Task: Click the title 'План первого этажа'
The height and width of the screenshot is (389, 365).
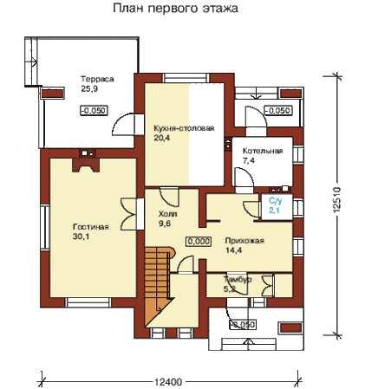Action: coord(175,9)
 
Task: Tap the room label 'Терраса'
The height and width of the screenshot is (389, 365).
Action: coord(97,79)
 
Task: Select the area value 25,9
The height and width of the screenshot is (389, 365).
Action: coord(89,89)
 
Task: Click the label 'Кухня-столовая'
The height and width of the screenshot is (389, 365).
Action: coord(184,128)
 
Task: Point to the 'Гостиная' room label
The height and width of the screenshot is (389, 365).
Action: coord(91,227)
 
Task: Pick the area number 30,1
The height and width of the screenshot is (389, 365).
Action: coord(81,237)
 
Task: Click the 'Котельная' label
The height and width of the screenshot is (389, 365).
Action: coord(263,151)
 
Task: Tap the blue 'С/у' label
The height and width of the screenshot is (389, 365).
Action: coord(274,201)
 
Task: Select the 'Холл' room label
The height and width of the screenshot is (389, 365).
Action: coord(167,214)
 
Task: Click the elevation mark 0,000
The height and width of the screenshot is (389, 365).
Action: coord(199,241)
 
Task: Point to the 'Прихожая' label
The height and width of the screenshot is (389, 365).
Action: coord(244,241)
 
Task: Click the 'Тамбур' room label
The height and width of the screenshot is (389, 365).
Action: coord(238,279)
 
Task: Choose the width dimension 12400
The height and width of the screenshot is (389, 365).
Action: coord(168,382)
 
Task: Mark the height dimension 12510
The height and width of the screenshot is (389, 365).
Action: coord(336,200)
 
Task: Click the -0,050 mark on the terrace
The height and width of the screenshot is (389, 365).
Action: coord(94,110)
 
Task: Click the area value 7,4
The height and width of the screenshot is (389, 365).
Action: coord(249,160)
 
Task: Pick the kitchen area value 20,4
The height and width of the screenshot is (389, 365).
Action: coord(162,138)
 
